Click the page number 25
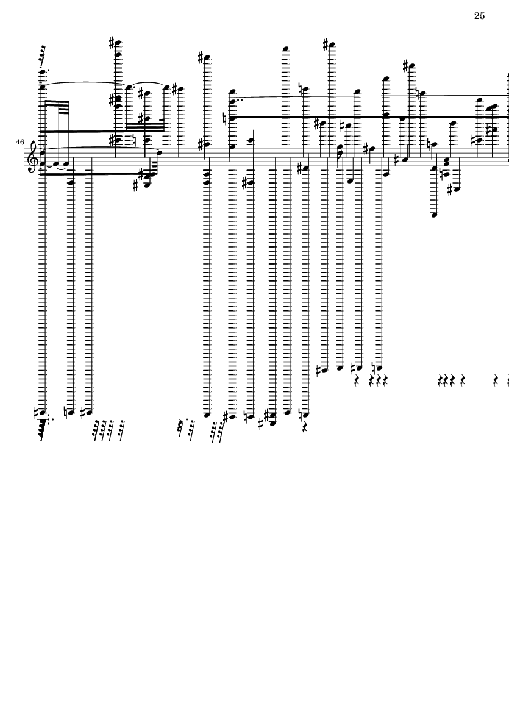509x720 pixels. coord(479,16)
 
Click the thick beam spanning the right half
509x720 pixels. coord(366,116)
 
